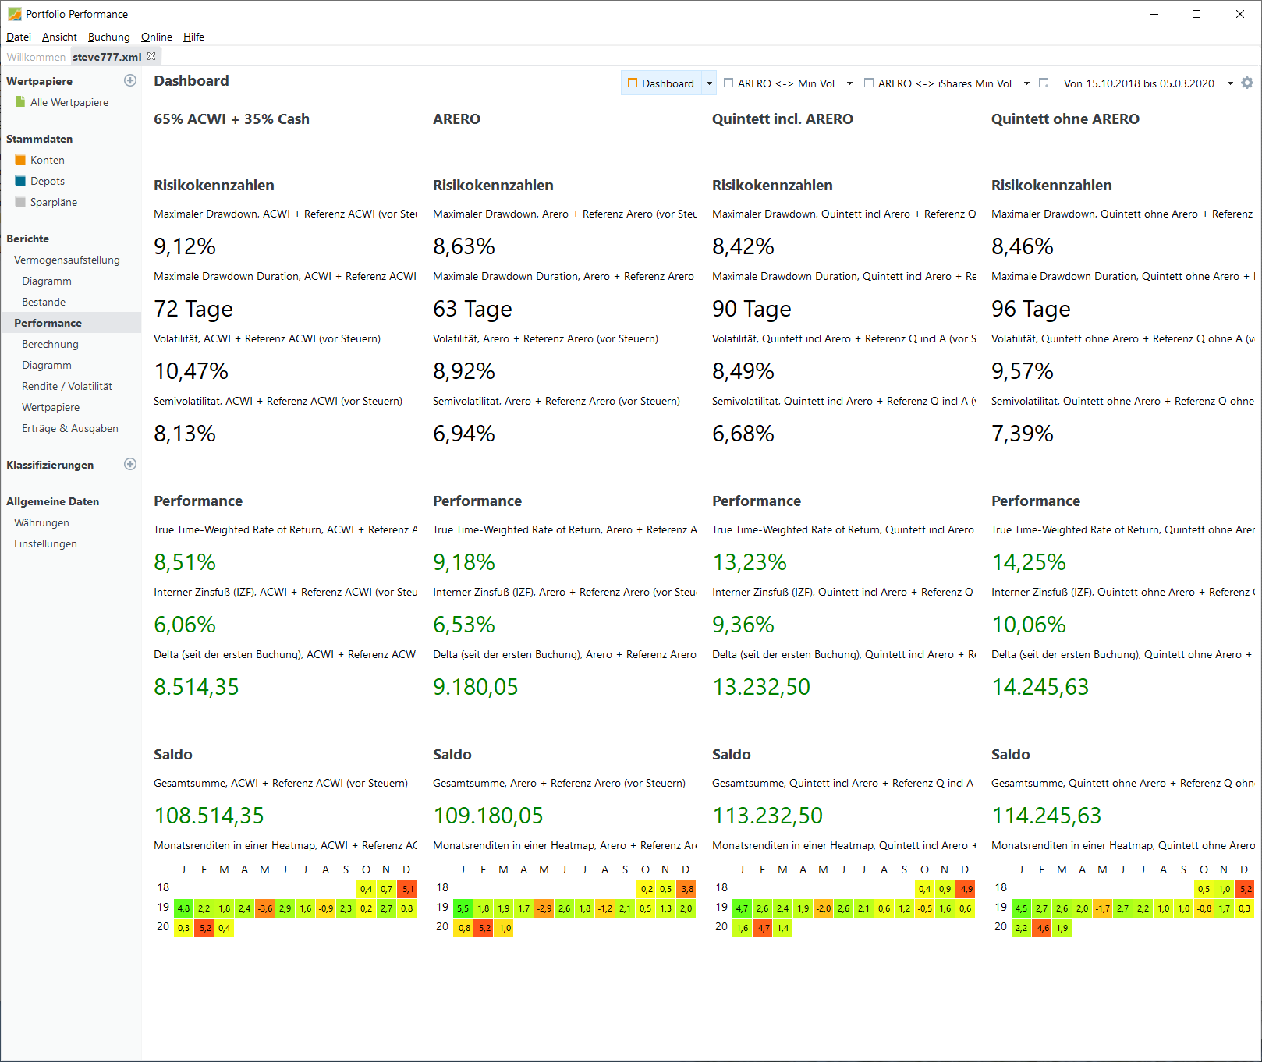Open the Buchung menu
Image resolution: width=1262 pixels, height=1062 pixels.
click(108, 37)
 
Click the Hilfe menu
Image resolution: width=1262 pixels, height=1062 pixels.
click(193, 37)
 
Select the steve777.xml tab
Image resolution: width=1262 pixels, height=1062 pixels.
click(107, 57)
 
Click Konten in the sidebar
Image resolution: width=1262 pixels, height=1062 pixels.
click(47, 160)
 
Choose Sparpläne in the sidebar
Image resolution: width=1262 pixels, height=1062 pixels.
click(53, 202)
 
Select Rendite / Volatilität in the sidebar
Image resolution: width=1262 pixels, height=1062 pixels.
click(66, 386)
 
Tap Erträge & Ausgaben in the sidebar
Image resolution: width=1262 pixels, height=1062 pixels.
click(69, 428)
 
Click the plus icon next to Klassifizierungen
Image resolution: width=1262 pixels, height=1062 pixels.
click(130, 464)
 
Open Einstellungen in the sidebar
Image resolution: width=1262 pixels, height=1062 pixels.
click(45, 543)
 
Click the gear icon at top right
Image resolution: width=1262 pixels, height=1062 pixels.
click(1247, 83)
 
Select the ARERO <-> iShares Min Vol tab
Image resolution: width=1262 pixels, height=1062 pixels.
click(944, 83)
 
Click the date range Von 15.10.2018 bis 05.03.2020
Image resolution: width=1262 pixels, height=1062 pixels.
click(1138, 83)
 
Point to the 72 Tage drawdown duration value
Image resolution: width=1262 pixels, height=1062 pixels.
click(193, 309)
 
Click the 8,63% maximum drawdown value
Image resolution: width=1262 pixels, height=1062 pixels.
click(464, 246)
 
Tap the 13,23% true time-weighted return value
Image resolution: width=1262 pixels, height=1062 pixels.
click(750, 562)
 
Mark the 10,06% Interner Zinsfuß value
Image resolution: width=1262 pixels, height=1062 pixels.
click(1029, 625)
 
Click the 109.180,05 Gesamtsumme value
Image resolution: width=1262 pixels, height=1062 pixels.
click(488, 816)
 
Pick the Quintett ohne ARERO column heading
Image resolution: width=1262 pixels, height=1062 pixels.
click(1065, 119)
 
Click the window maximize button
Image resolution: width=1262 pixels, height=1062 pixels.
click(1196, 14)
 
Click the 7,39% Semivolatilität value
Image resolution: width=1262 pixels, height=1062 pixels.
click(1023, 434)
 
